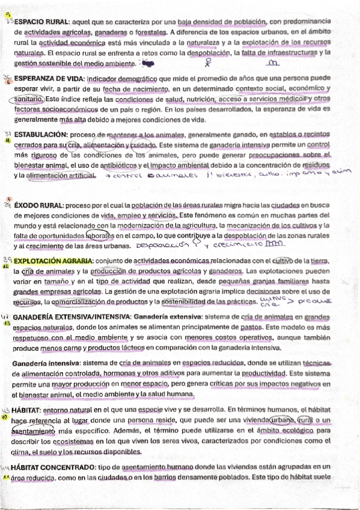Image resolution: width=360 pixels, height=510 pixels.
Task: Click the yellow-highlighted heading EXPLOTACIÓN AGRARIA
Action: coord(52,261)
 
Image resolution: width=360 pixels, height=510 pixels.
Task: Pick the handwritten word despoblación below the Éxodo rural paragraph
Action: coord(162,246)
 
